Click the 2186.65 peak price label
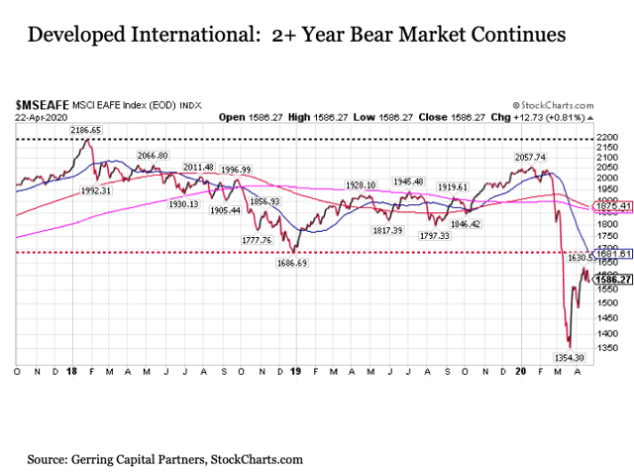coord(86,130)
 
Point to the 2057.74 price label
coord(525,158)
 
